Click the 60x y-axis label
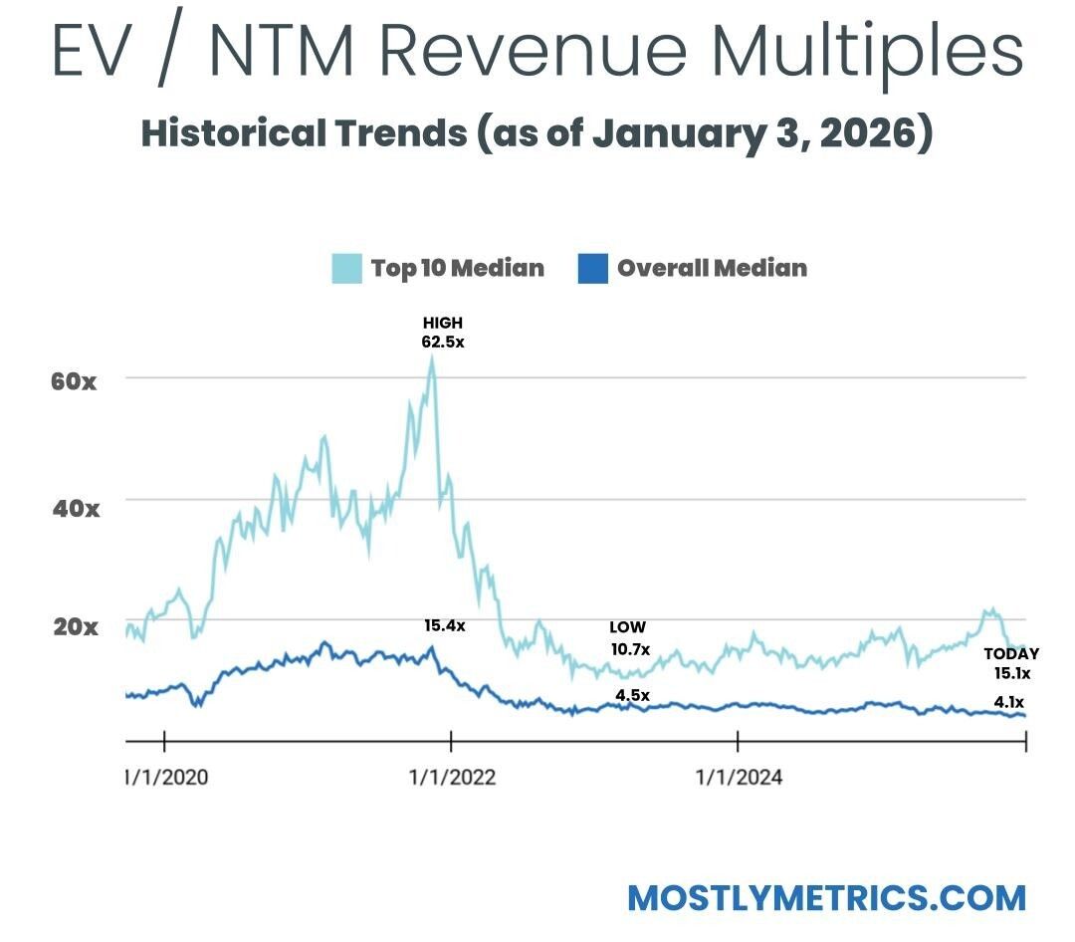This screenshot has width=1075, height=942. click(74, 380)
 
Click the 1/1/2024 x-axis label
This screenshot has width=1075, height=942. click(738, 777)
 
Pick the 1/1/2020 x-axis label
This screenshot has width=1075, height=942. click(167, 777)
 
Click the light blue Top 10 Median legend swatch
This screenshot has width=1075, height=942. click(346, 269)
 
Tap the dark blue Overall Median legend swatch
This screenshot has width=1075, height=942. click(592, 269)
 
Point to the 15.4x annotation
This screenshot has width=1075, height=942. click(444, 626)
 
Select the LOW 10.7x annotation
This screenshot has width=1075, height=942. click(629, 638)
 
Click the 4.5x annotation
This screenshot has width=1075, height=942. click(632, 695)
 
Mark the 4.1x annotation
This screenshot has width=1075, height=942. click(1010, 703)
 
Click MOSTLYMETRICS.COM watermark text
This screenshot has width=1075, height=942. click(826, 897)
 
